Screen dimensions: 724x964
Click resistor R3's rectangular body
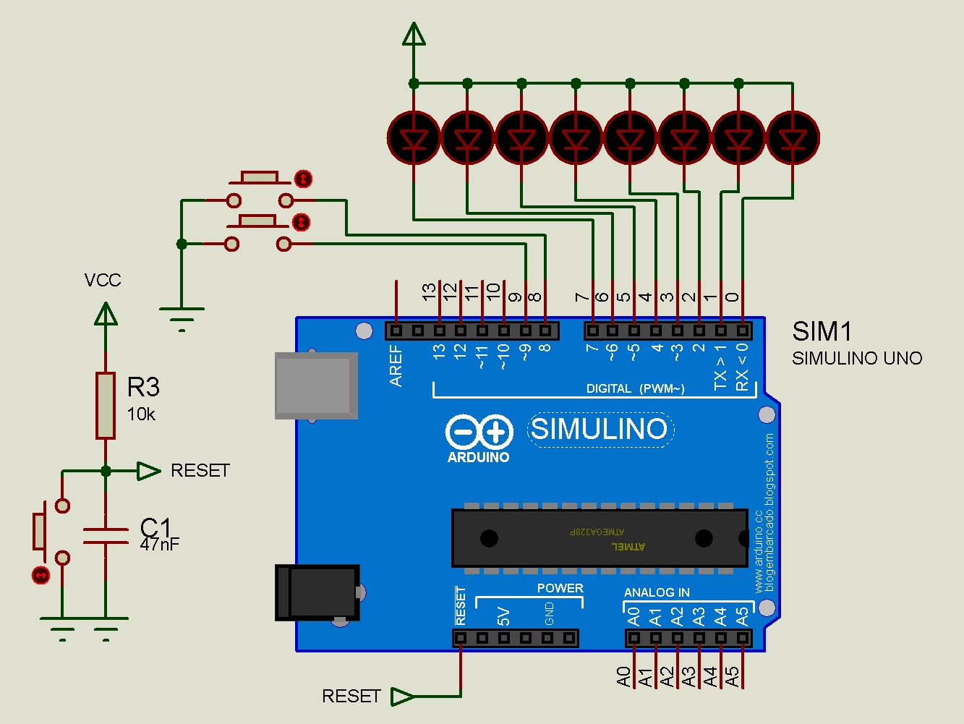point(106,406)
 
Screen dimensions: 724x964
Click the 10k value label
point(141,414)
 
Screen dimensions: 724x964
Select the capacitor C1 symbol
point(106,535)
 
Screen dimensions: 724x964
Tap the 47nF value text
point(159,544)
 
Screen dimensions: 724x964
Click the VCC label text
point(103,281)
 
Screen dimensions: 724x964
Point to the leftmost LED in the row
point(414,137)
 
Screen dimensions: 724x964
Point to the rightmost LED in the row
point(793,137)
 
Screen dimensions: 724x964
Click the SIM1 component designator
point(822,332)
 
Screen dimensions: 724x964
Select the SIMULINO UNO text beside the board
point(857,358)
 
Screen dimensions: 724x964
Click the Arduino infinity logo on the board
point(479,433)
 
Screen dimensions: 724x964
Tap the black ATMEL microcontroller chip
point(599,538)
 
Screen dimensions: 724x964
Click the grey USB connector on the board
point(316,386)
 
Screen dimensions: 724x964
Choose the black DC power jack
point(317,592)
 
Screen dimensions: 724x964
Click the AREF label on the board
point(396,365)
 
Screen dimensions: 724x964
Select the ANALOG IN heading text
point(657,592)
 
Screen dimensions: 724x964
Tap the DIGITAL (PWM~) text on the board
point(635,388)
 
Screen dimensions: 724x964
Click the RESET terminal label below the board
point(351,696)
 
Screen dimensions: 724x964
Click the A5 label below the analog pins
point(733,677)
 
